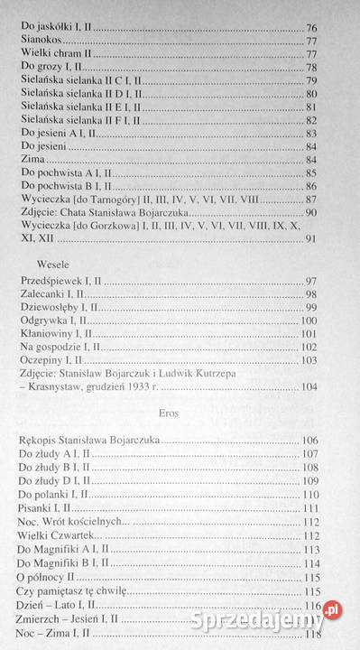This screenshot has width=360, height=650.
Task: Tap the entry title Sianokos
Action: [x=41, y=41]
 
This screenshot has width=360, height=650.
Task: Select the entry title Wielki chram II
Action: [x=53, y=54]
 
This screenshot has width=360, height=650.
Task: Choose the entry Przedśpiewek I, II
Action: [x=60, y=281]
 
